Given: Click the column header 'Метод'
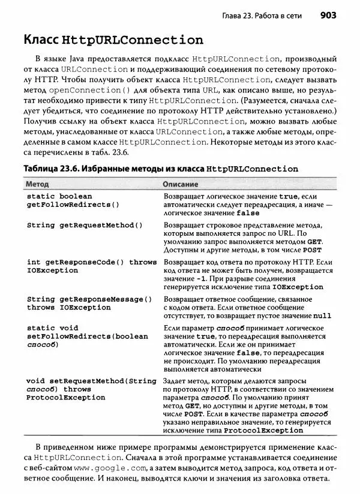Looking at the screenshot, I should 38,184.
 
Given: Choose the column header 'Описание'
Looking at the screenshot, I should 181,184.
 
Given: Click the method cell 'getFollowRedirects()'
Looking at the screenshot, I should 73,205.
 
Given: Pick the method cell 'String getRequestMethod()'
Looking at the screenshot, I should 85,226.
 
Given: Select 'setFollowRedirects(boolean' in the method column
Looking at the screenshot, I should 87,336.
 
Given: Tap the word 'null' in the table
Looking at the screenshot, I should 322,315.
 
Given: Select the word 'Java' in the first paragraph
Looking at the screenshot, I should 79,59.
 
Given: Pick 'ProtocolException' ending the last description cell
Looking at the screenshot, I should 263,430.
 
